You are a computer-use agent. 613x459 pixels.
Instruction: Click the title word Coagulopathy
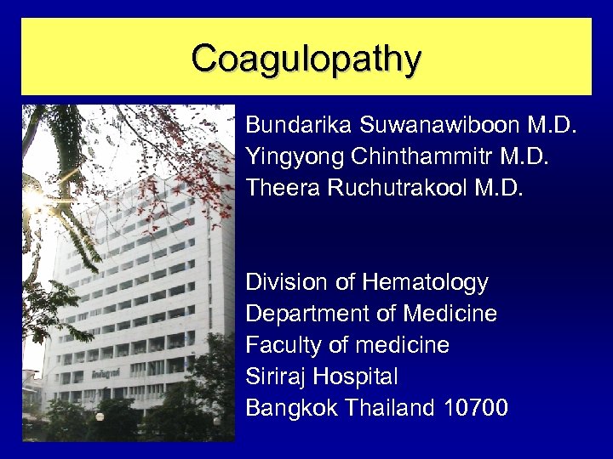(x=306, y=59)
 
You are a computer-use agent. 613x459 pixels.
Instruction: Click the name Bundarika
(x=300, y=126)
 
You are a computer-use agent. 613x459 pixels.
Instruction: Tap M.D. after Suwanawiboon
(x=553, y=126)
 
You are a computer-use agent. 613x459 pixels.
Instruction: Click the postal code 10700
(x=476, y=408)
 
